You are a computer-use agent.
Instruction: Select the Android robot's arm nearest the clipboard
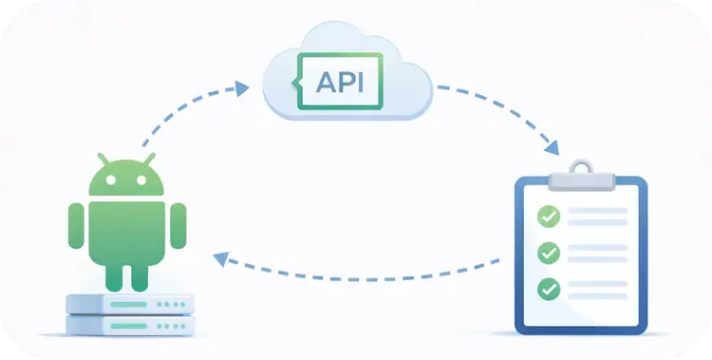(x=178, y=224)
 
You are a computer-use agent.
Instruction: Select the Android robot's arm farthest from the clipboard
(x=76, y=224)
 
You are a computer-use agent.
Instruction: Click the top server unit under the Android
(x=130, y=304)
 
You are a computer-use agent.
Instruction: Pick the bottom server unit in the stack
(x=130, y=325)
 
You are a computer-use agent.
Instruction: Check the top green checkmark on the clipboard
(x=549, y=217)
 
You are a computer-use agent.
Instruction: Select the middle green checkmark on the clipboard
(x=549, y=253)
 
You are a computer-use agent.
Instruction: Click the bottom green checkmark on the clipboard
(x=549, y=288)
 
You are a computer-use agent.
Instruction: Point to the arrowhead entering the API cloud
(x=242, y=87)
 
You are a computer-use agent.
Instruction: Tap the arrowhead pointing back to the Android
(x=220, y=256)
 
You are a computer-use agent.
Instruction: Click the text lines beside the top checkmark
(x=598, y=217)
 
